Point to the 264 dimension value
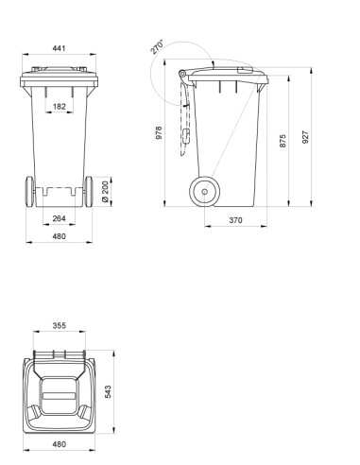59,218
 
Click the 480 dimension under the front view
59,237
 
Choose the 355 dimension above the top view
59,326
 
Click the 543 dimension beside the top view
107,391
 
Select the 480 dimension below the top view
59,443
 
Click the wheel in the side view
202,192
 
